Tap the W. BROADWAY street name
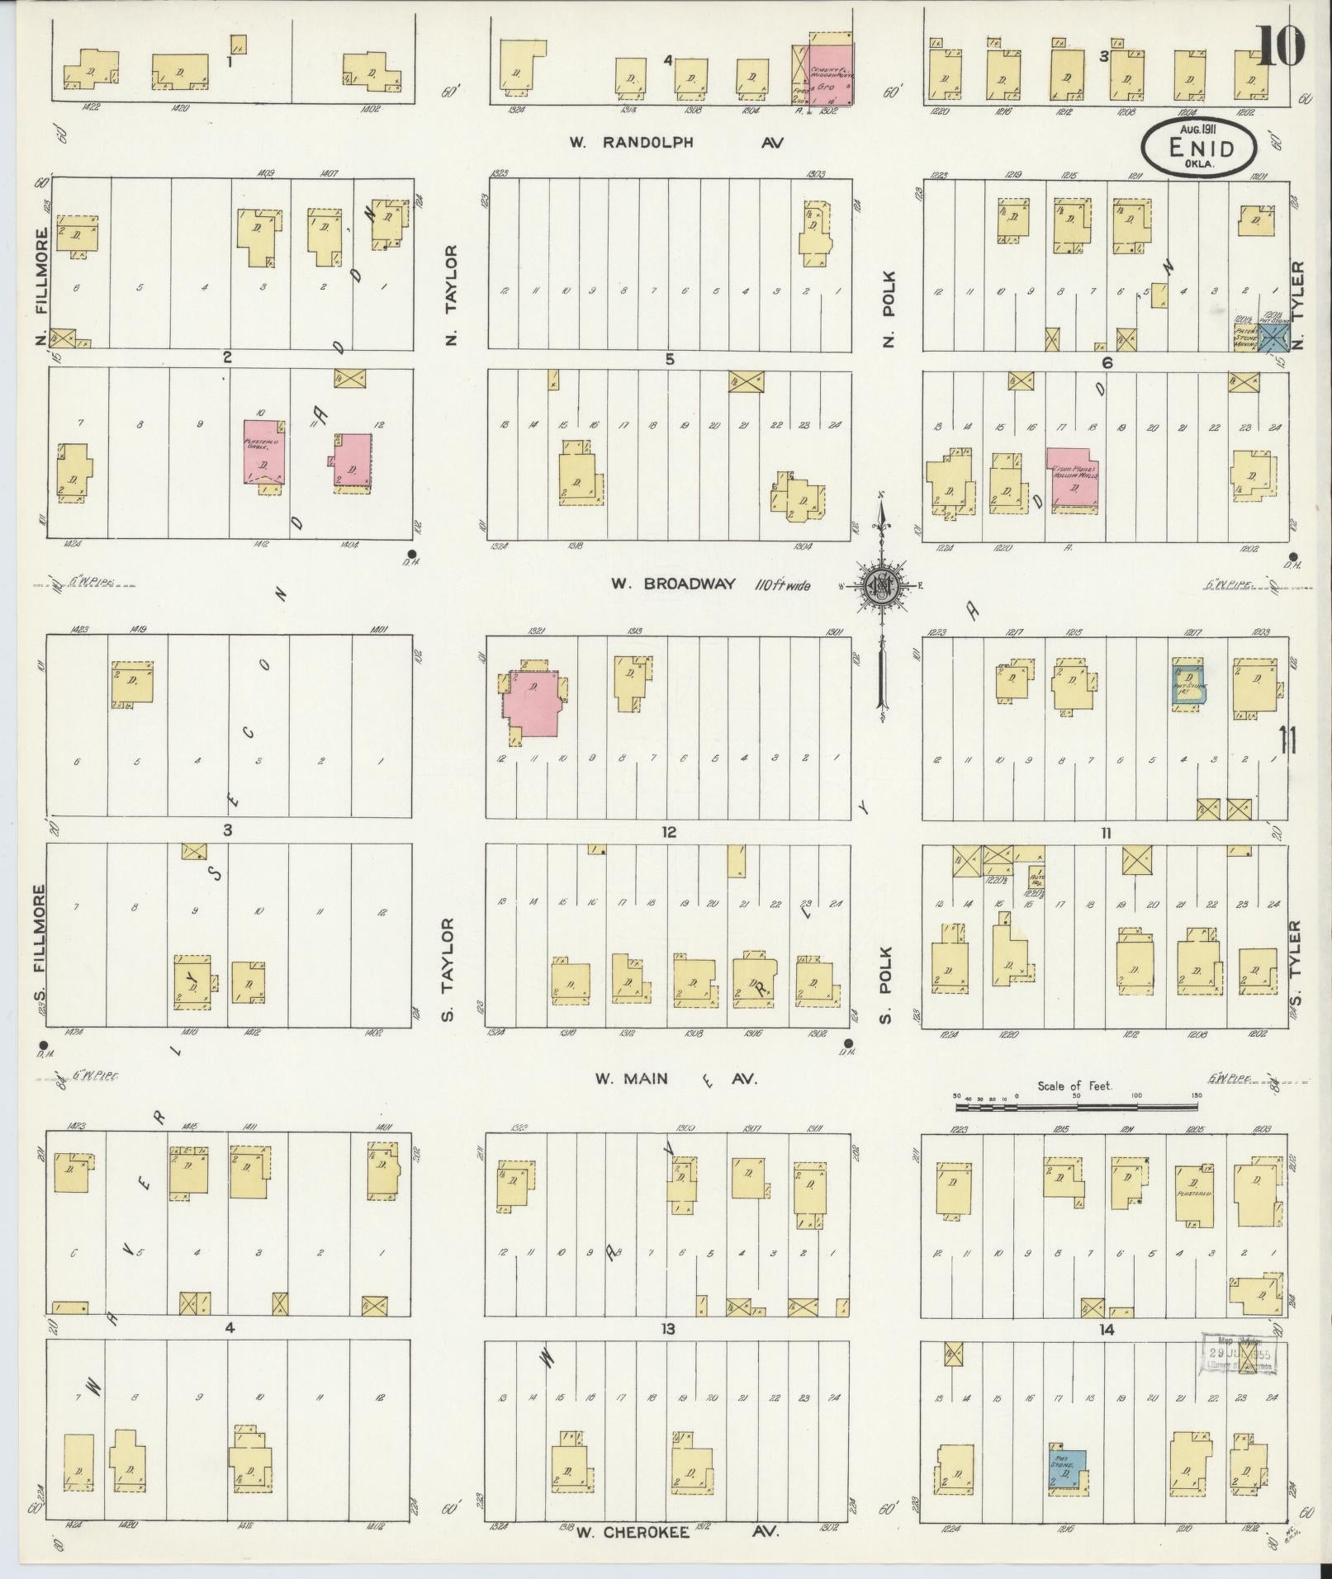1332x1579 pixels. (673, 584)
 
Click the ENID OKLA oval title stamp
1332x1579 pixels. (1199, 148)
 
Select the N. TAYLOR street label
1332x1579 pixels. (451, 295)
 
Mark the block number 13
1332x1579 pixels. (667, 1328)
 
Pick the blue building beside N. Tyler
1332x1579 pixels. (1273, 337)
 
